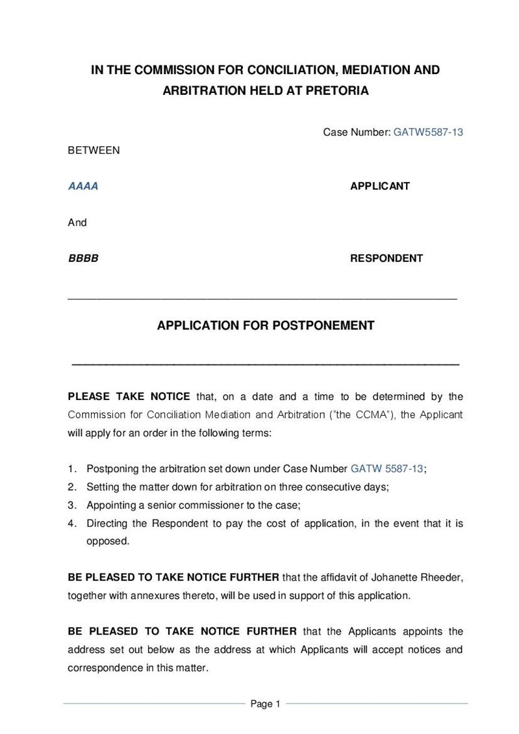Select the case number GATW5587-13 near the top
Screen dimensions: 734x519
click(x=428, y=133)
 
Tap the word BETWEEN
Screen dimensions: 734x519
click(x=94, y=151)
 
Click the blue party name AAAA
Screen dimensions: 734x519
click(x=83, y=186)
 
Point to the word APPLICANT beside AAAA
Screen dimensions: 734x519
click(x=380, y=186)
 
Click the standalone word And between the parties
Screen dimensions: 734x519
click(x=77, y=223)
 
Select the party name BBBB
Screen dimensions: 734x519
click(x=83, y=259)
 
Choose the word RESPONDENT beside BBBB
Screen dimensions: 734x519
click(x=386, y=259)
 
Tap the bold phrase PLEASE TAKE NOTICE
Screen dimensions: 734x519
click(x=129, y=397)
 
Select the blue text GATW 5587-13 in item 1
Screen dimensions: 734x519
click(x=387, y=468)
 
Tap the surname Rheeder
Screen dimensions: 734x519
click(x=441, y=577)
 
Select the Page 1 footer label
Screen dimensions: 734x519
click(x=265, y=704)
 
